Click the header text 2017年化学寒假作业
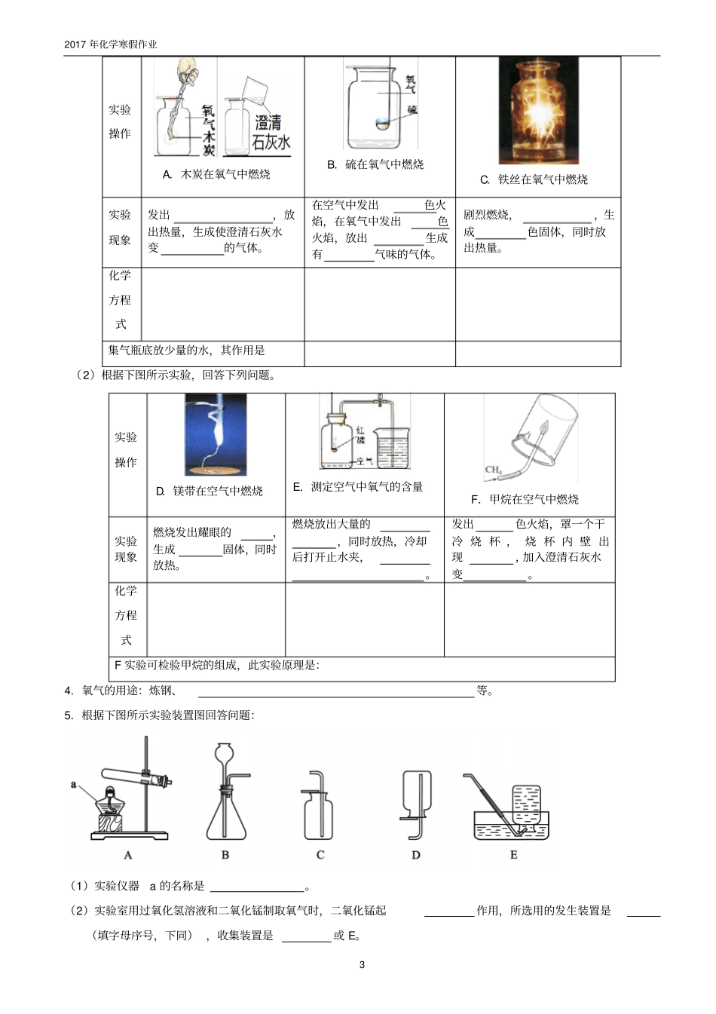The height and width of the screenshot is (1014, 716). pos(111,44)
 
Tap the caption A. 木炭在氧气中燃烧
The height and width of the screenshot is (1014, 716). pos(216,174)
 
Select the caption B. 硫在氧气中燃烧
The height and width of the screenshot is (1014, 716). pos(375,164)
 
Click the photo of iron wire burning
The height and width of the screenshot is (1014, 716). pos(539,111)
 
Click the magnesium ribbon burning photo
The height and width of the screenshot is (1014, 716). pos(216,435)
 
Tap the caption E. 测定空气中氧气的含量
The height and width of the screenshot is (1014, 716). pos(358,487)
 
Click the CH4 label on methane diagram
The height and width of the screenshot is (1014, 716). pos(493,470)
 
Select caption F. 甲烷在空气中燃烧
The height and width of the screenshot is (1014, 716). pos(525,499)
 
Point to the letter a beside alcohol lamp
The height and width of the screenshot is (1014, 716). pos(74,784)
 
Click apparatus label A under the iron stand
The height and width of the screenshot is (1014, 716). pos(127,855)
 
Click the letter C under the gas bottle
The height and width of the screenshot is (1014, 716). pos(320,855)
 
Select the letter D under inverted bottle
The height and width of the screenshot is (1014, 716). pos(416,855)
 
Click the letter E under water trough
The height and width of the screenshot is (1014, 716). pos(513,855)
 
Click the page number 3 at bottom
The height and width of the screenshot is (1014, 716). pos(362,964)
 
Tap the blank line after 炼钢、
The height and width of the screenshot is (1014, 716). pos(335,691)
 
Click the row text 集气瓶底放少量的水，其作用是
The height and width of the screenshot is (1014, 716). pos(187,350)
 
